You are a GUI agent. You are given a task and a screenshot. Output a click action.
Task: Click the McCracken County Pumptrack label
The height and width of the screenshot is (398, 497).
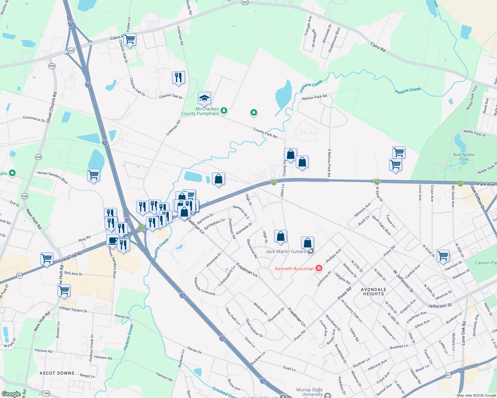click(200, 111)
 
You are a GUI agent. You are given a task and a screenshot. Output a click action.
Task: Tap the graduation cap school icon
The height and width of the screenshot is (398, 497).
click(204, 98)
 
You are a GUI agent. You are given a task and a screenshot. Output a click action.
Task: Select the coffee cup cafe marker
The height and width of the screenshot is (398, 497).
click(113, 240)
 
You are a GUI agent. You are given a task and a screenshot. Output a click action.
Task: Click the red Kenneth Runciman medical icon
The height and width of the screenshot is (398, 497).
click(319, 268)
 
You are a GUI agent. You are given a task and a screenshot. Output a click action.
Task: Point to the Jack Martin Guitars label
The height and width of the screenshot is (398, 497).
click(285, 252)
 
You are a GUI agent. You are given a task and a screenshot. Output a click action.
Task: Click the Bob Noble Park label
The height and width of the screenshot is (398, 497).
click(464, 157)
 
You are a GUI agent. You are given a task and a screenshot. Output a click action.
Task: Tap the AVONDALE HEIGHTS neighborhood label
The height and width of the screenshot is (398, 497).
click(374, 292)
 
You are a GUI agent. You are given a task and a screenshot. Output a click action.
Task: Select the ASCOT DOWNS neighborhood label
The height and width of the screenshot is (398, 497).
click(57, 373)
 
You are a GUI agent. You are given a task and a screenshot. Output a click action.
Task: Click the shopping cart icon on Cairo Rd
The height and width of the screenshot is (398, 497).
click(130, 39)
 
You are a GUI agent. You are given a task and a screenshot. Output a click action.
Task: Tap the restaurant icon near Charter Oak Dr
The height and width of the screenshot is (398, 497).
click(178, 78)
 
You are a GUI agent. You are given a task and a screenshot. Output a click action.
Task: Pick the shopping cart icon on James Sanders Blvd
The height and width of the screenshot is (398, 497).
click(94, 174)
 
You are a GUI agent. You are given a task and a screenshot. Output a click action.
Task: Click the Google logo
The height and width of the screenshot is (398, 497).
click(11, 394)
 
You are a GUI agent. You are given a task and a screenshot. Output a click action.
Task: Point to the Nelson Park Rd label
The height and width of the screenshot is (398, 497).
click(314, 98)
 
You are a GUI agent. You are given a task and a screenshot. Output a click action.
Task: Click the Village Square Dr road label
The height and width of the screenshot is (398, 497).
click(73, 309)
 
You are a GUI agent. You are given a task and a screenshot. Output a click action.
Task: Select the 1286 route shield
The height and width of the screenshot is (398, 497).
click(46, 393)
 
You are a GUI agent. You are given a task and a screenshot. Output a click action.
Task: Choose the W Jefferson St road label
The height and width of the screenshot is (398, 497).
click(403, 281)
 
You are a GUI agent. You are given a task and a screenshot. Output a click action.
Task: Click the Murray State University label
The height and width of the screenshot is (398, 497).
click(310, 392)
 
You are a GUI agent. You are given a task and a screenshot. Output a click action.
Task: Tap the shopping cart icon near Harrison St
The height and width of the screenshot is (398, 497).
click(443, 256)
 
